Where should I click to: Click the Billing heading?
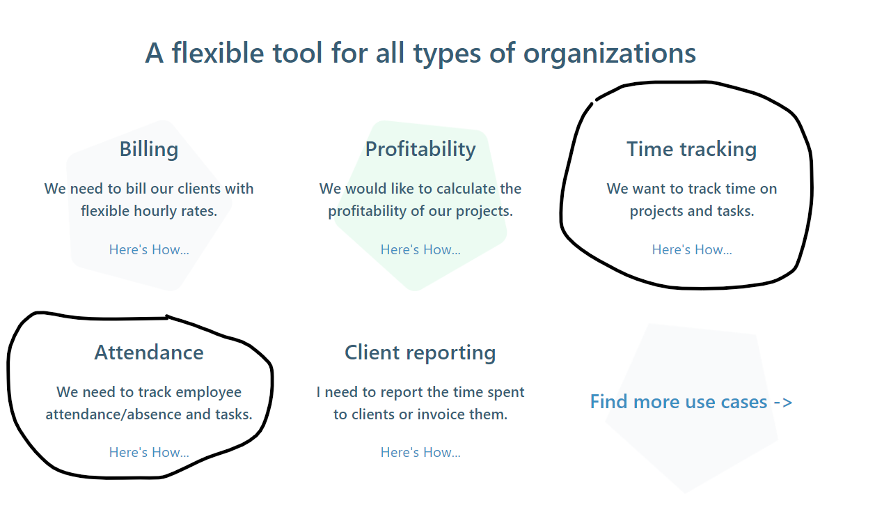(149, 149)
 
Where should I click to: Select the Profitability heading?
(420, 149)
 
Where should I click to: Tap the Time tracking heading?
(691, 149)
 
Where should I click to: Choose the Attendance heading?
(149, 352)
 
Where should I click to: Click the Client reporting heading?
(420, 353)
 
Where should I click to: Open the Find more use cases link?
(691, 402)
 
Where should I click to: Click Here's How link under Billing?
(149, 249)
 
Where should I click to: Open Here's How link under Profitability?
(420, 249)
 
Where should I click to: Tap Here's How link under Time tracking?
(692, 249)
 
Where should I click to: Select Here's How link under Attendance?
(149, 452)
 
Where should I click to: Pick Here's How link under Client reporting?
(420, 452)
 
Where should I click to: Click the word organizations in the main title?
(609, 54)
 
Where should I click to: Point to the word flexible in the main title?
(218, 53)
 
